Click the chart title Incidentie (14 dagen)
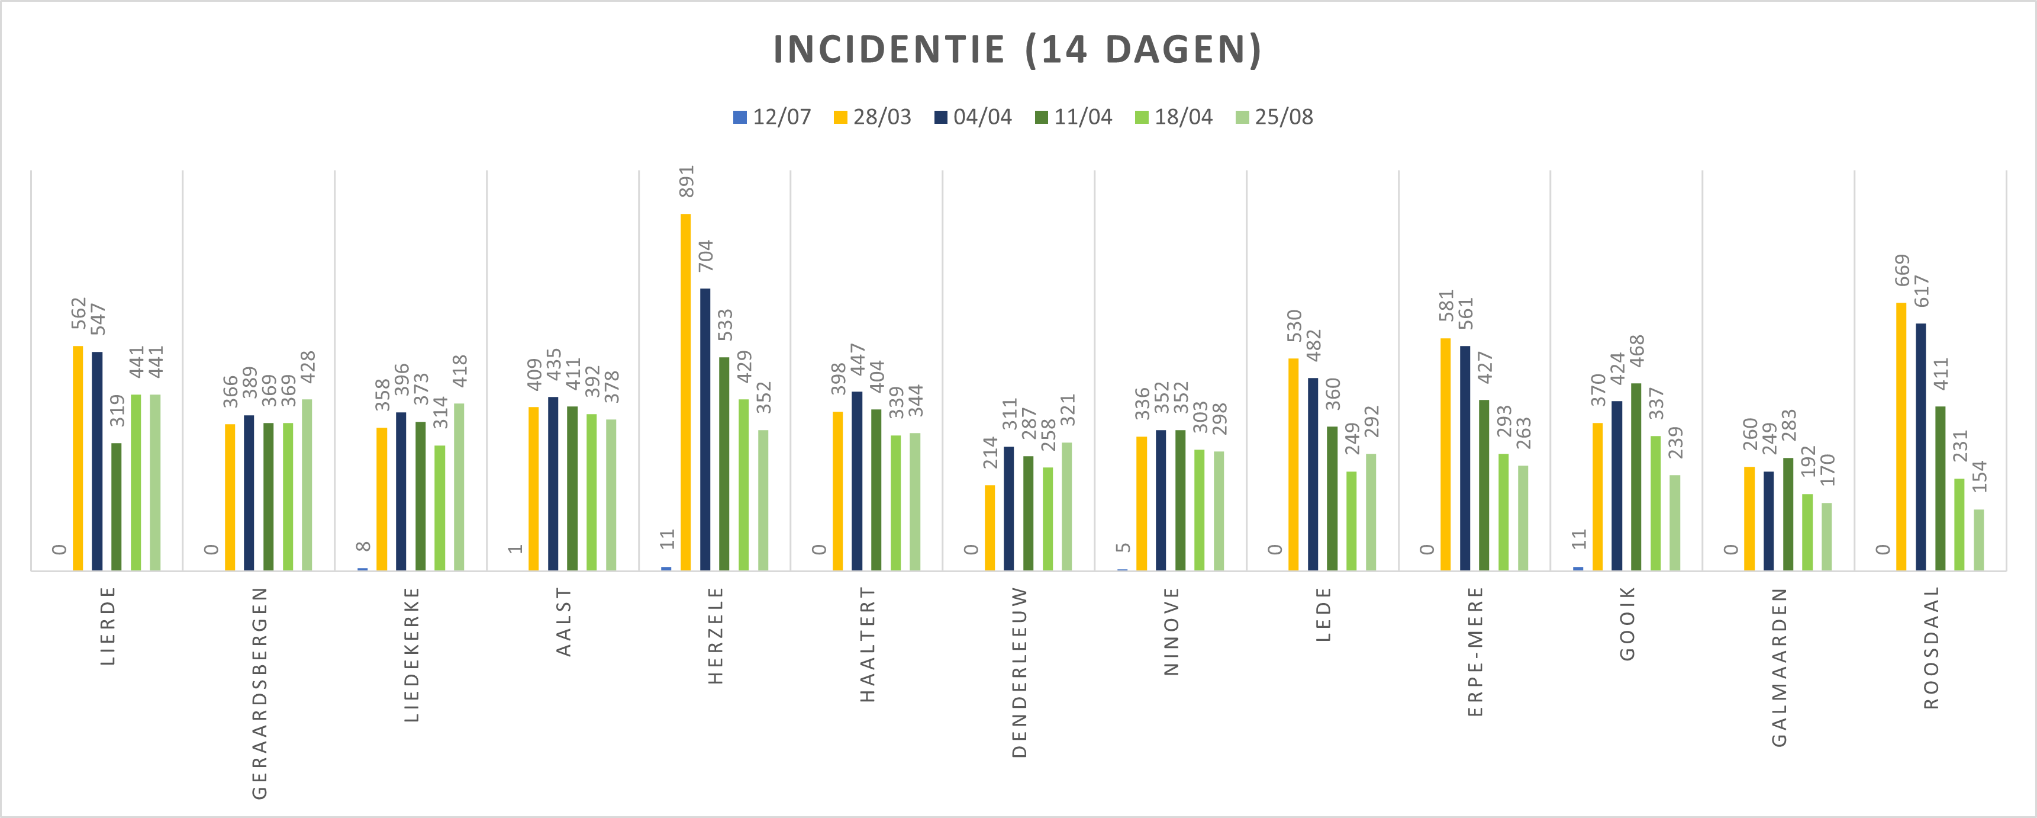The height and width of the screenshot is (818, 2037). coord(1017,49)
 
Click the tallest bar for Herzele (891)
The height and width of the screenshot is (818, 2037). coord(685,392)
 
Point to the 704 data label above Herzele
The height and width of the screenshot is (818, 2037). coord(705,255)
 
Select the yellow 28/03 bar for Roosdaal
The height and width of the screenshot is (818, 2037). coord(1901,436)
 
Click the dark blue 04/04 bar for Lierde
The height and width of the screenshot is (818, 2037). coord(97,460)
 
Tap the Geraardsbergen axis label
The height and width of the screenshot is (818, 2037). coord(259,692)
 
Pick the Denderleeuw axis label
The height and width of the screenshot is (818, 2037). coord(1019,672)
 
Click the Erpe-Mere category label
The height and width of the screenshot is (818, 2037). coord(1475,651)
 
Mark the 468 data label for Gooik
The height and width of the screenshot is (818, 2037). coord(1636,351)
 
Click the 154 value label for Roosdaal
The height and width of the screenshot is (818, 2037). coord(1978,476)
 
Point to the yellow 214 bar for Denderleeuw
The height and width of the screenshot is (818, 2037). coord(990,527)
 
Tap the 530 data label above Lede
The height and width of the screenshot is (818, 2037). coord(1294,326)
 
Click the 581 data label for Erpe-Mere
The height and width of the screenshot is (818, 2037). coord(1446,306)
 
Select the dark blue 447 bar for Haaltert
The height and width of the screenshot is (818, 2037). coord(857,480)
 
